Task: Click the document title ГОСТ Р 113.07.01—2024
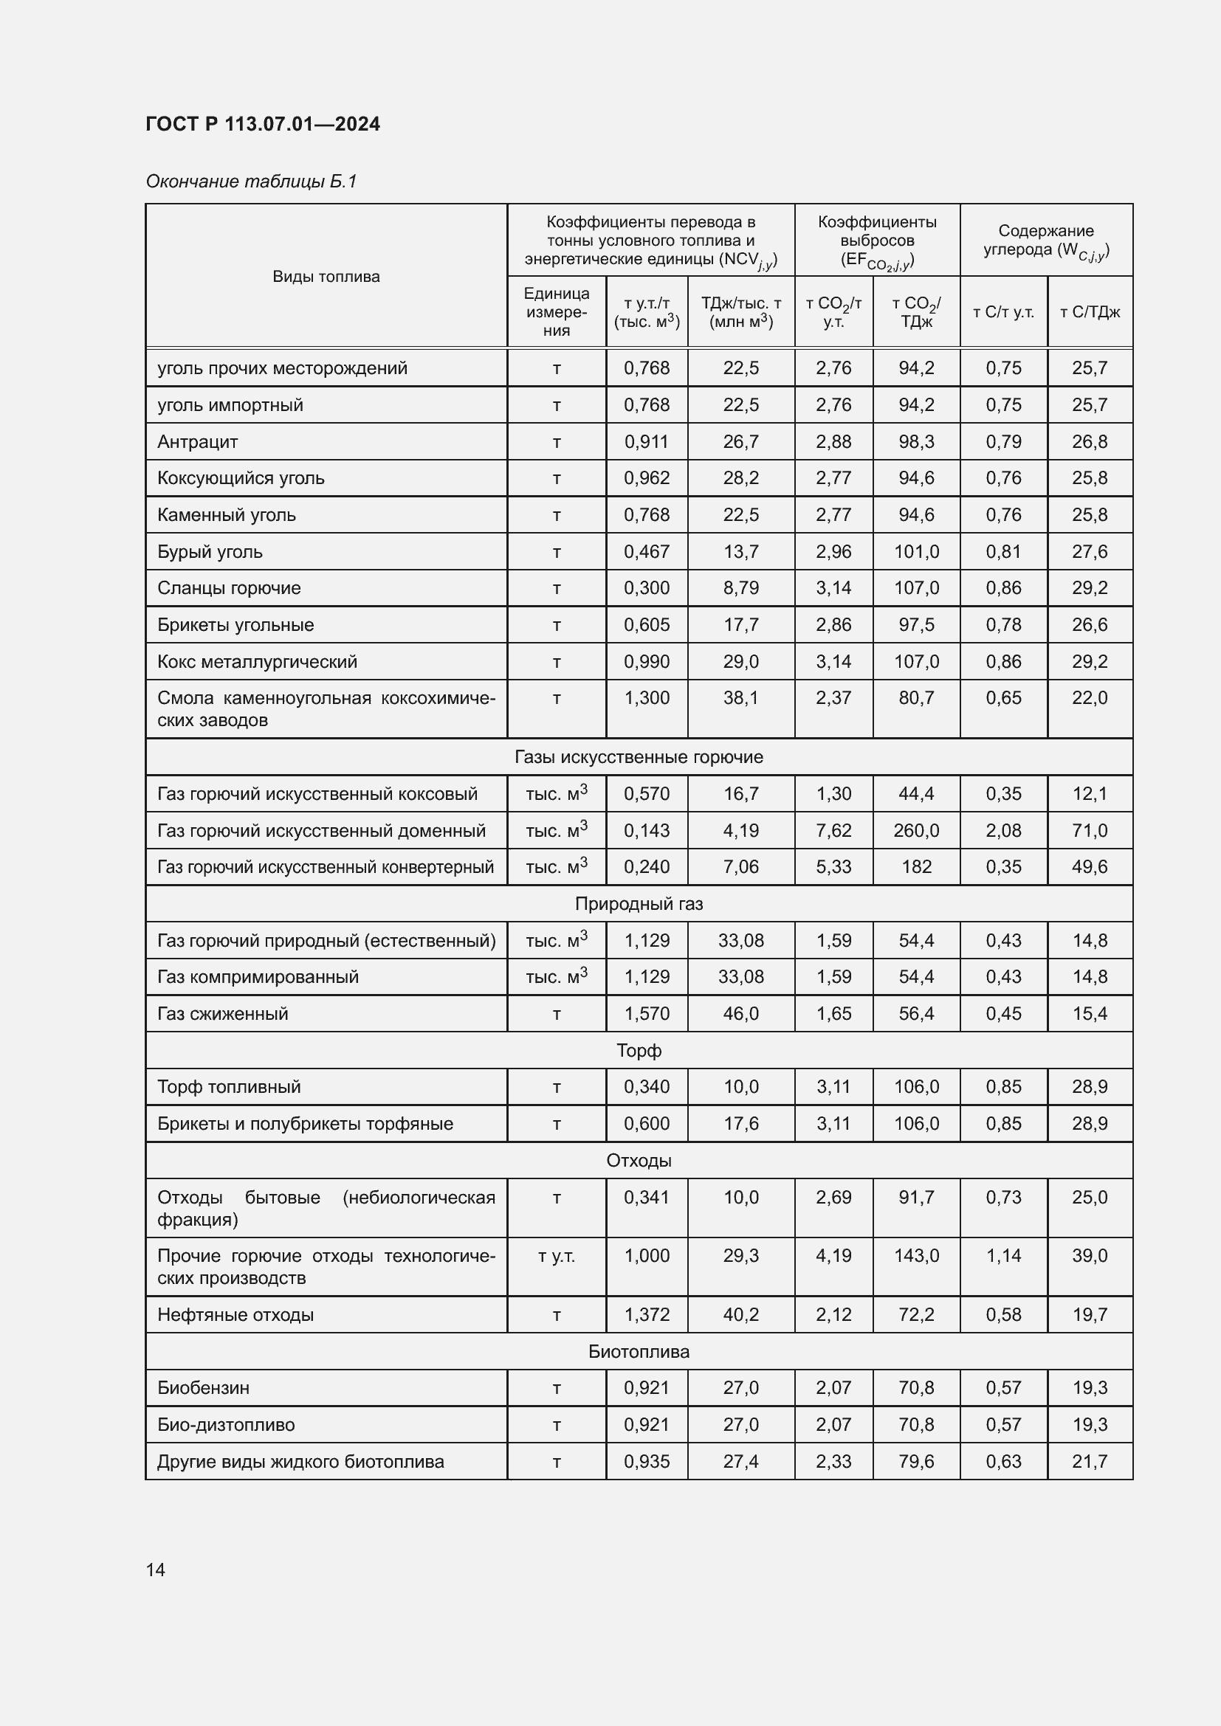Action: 262,124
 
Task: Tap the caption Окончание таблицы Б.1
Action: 250,182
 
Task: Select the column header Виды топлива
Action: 326,277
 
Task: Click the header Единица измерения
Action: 557,312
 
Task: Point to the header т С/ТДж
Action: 1090,312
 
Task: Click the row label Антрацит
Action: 197,441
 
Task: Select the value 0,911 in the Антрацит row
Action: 646,441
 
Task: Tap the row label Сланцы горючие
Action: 229,588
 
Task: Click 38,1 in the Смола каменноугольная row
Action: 740,697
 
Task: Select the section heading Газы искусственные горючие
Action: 639,757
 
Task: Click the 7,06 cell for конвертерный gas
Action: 740,867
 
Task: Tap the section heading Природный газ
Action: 639,904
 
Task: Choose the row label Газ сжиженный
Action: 222,1013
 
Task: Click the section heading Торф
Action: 639,1050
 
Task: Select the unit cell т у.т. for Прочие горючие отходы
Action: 557,1255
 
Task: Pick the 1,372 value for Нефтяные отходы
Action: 646,1315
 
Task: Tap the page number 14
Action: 156,1570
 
